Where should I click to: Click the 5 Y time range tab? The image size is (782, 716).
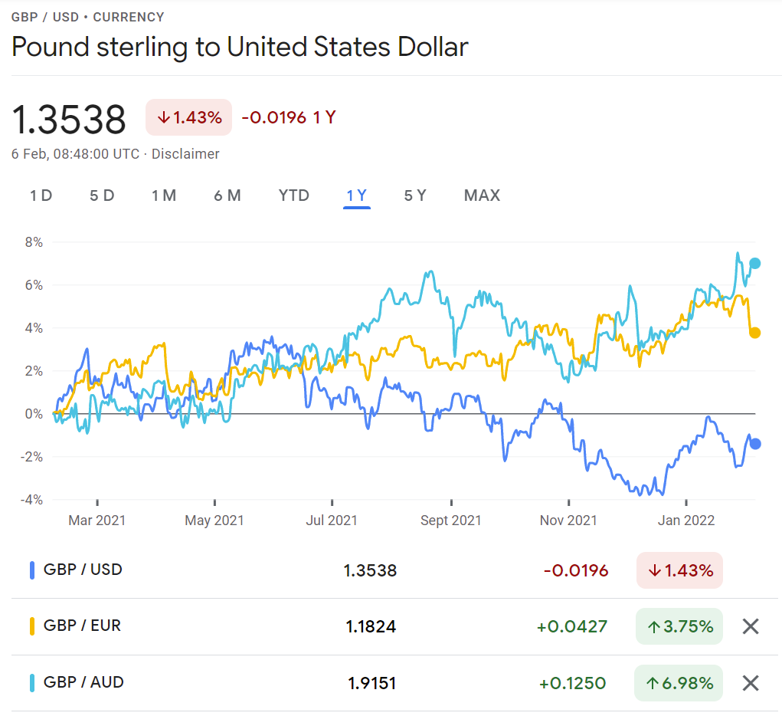pyautogui.click(x=414, y=195)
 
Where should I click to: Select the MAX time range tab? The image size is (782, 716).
pyautogui.click(x=482, y=195)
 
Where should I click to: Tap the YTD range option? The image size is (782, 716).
pyautogui.click(x=294, y=195)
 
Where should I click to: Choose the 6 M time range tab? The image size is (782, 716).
pyautogui.click(x=227, y=195)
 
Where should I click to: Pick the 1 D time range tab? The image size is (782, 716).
pyautogui.click(x=41, y=195)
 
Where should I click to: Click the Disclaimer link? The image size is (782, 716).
pyautogui.click(x=185, y=154)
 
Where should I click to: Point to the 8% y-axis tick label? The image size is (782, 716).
pyautogui.click(x=33, y=242)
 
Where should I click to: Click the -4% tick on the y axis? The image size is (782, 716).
pyautogui.click(x=31, y=500)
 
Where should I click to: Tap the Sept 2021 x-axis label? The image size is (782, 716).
pyautogui.click(x=451, y=521)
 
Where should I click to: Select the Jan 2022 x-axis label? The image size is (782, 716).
pyautogui.click(x=686, y=521)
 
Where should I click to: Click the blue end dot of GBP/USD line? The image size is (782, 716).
pyautogui.click(x=755, y=443)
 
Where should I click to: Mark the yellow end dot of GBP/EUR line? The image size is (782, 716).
pyautogui.click(x=755, y=333)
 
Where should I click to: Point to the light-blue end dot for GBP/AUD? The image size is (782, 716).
pyautogui.click(x=755, y=264)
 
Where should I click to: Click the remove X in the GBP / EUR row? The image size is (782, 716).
pyautogui.click(x=751, y=626)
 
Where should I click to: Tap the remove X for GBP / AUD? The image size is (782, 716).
pyautogui.click(x=751, y=683)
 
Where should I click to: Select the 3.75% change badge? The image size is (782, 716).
pyautogui.click(x=679, y=626)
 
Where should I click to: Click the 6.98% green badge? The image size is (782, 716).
pyautogui.click(x=679, y=683)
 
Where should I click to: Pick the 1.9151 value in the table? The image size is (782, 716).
pyautogui.click(x=371, y=683)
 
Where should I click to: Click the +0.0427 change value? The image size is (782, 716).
pyautogui.click(x=572, y=626)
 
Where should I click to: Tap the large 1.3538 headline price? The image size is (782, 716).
pyautogui.click(x=69, y=120)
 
